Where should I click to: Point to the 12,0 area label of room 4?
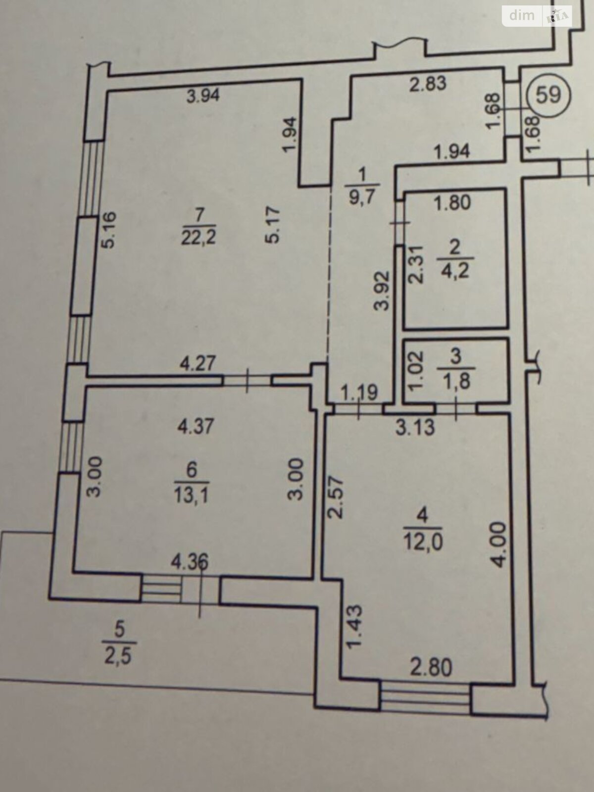coord(423,541)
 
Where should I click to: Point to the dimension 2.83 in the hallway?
coord(428,83)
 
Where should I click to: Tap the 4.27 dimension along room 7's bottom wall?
coord(198,363)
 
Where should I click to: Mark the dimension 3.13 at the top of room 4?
coord(415,428)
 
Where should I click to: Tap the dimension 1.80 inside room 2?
coord(452,203)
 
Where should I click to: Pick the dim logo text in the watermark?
coord(522,15)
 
